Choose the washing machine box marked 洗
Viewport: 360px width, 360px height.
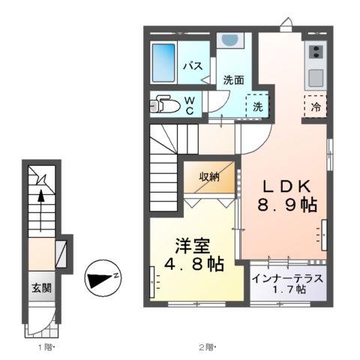pyautogui.click(x=258, y=106)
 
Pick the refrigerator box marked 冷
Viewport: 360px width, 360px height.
pyautogui.click(x=315, y=106)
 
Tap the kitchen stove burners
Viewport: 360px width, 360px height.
pyautogui.click(x=316, y=52)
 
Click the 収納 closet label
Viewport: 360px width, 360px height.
pyautogui.click(x=209, y=177)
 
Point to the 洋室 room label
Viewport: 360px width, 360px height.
pyautogui.click(x=193, y=245)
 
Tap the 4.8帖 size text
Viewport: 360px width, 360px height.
pyautogui.click(x=194, y=265)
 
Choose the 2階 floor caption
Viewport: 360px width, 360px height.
pyautogui.click(x=207, y=346)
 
